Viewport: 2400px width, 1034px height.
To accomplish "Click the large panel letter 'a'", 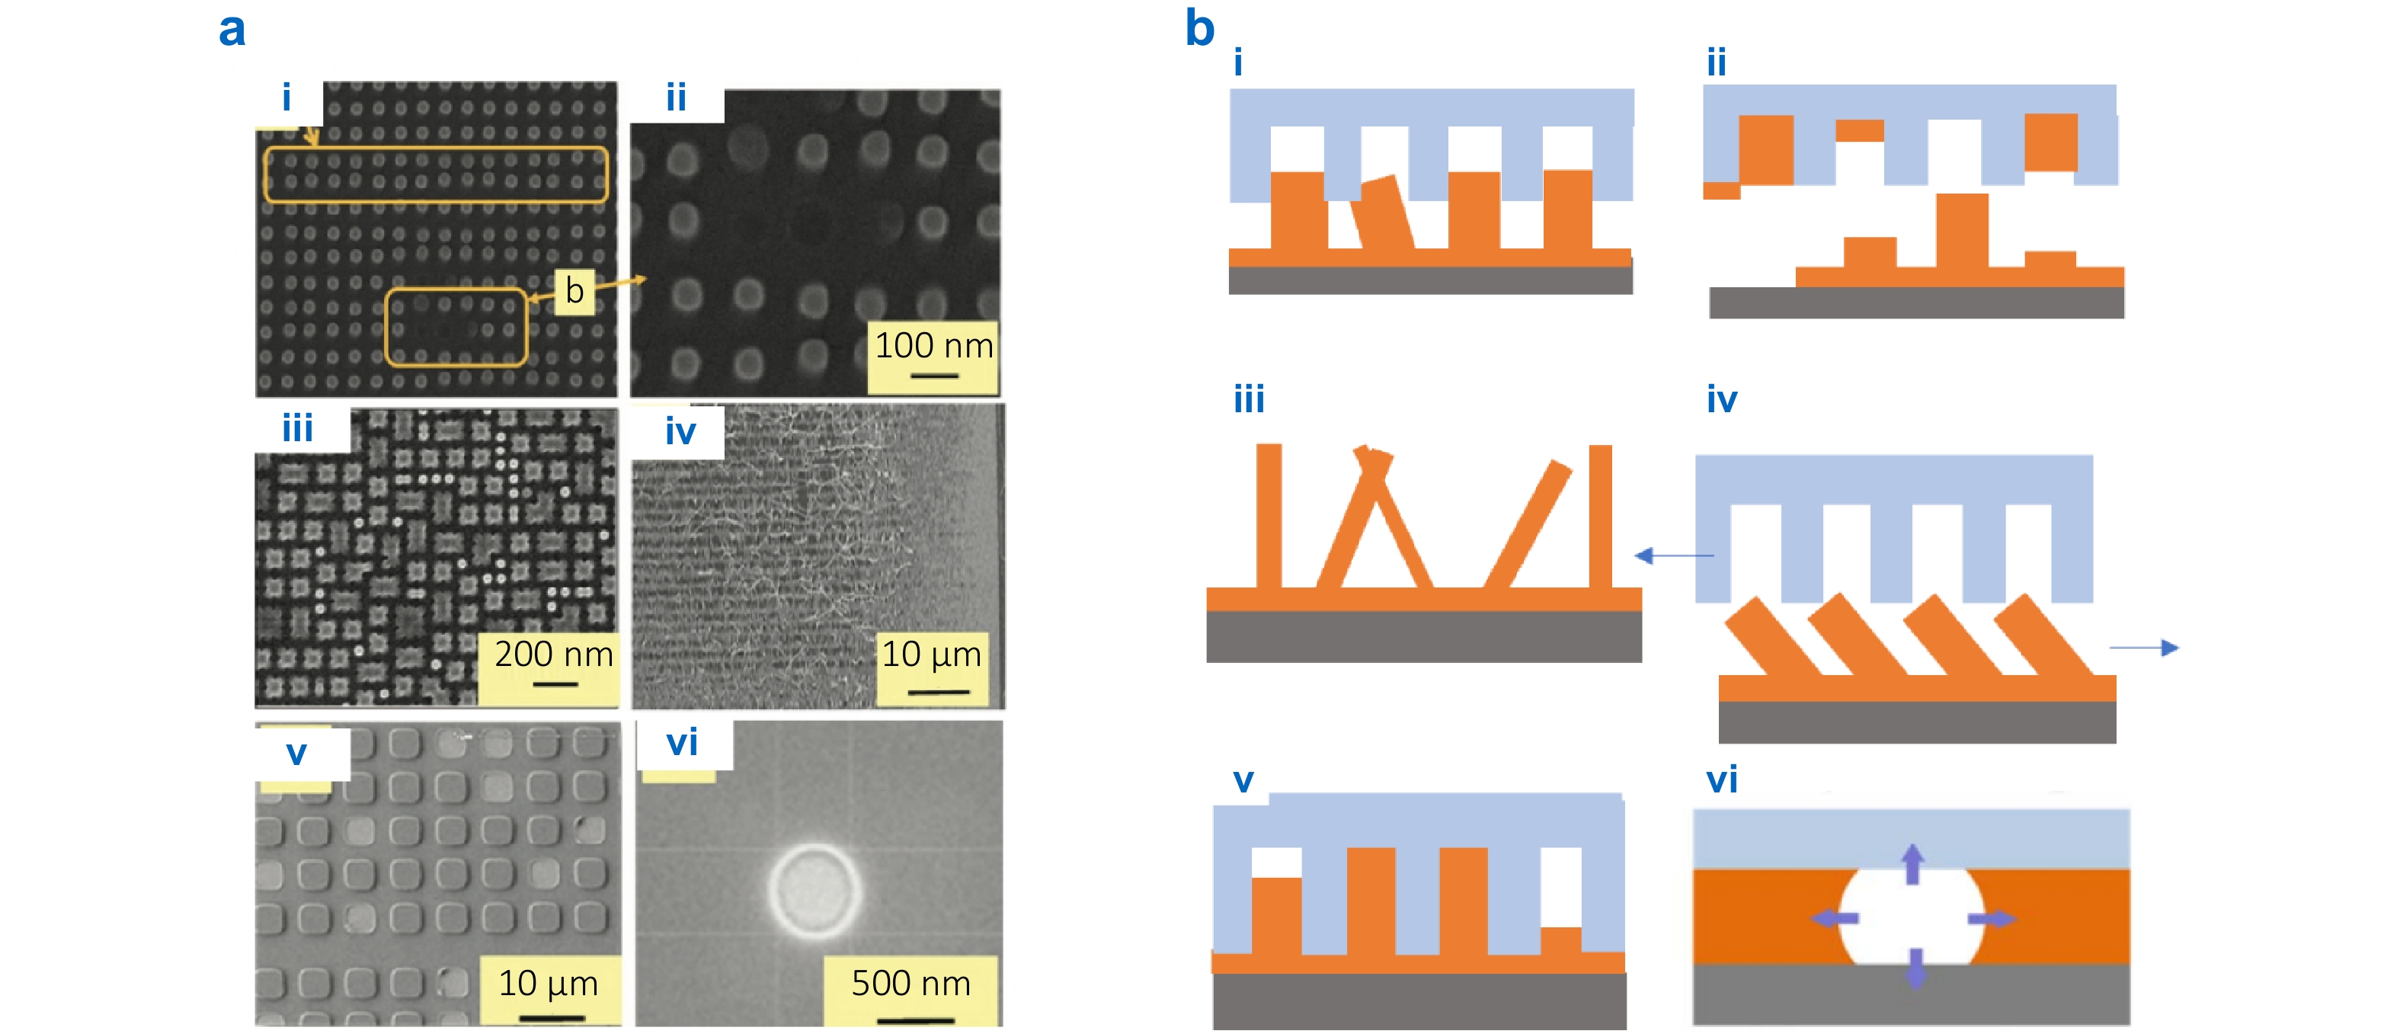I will click(x=232, y=30).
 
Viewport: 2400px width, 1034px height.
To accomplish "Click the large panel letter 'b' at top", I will click(x=1199, y=28).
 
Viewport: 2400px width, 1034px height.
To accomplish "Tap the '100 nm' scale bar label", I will click(x=933, y=347).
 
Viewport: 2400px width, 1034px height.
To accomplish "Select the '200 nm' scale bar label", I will click(x=553, y=654).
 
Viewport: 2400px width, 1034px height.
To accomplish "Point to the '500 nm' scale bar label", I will click(x=910, y=984).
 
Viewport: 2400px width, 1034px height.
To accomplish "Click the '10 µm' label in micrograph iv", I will click(x=931, y=654).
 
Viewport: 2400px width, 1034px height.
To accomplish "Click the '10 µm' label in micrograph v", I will click(x=548, y=984).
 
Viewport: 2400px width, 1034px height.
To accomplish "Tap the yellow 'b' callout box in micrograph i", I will click(x=574, y=290).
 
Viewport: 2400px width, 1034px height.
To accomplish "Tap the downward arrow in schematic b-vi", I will click(x=1914, y=968).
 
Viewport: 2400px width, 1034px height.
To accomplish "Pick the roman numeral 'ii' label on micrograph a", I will click(x=676, y=98).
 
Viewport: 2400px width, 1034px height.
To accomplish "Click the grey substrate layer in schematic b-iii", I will click(x=1422, y=637).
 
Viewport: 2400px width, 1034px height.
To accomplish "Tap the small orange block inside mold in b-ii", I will click(x=1859, y=130).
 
